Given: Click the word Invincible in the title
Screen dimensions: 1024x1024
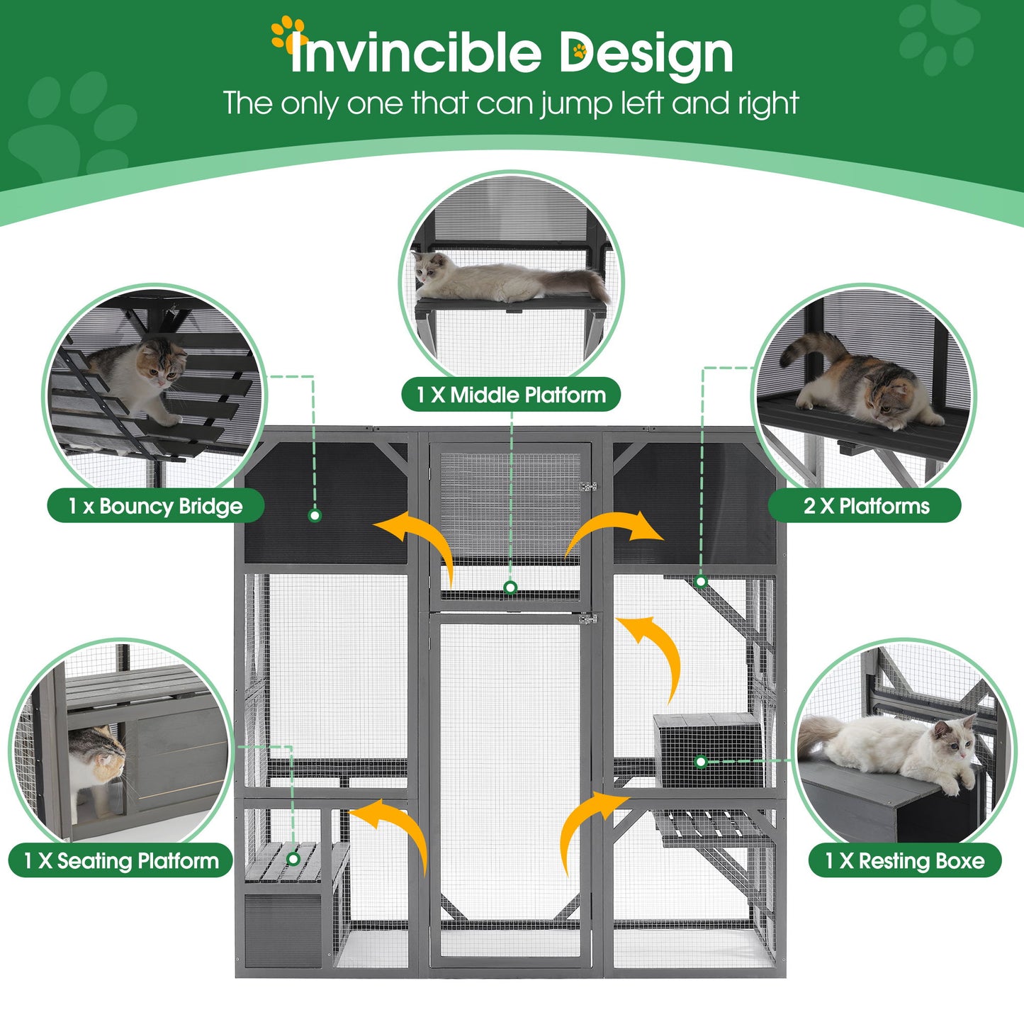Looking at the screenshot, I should pyautogui.click(x=416, y=53).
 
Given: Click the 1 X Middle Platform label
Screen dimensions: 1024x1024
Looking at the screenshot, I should pyautogui.click(x=511, y=395).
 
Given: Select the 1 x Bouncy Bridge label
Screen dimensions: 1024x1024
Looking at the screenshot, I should pyautogui.click(x=155, y=506).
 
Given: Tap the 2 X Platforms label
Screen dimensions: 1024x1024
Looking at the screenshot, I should pyautogui.click(x=865, y=506).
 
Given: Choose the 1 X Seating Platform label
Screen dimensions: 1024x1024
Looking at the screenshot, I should pyautogui.click(x=120, y=861).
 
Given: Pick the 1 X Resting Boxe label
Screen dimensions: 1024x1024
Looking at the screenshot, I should pyautogui.click(x=904, y=861).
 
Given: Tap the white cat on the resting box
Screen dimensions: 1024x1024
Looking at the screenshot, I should pyautogui.click(x=893, y=748).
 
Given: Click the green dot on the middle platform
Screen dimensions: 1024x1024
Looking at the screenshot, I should pyautogui.click(x=510, y=587).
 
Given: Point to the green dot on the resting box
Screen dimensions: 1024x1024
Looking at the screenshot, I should pyautogui.click(x=701, y=762).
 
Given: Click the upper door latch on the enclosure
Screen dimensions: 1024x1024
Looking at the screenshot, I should pyautogui.click(x=587, y=486).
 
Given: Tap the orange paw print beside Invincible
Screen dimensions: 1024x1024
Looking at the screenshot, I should pyautogui.click(x=287, y=32).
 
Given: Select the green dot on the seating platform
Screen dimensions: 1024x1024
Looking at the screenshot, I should pyautogui.click(x=293, y=859).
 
